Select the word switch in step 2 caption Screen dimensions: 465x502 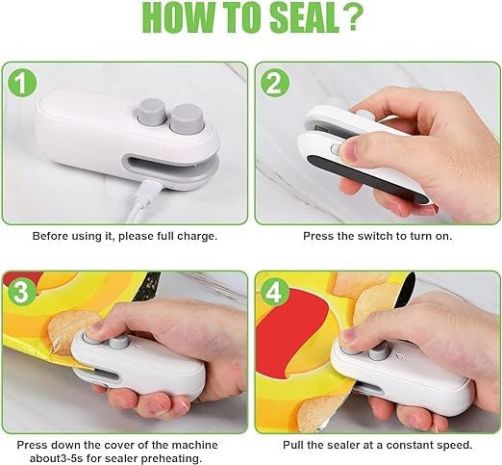367,236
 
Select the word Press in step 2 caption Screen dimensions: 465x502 319,236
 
